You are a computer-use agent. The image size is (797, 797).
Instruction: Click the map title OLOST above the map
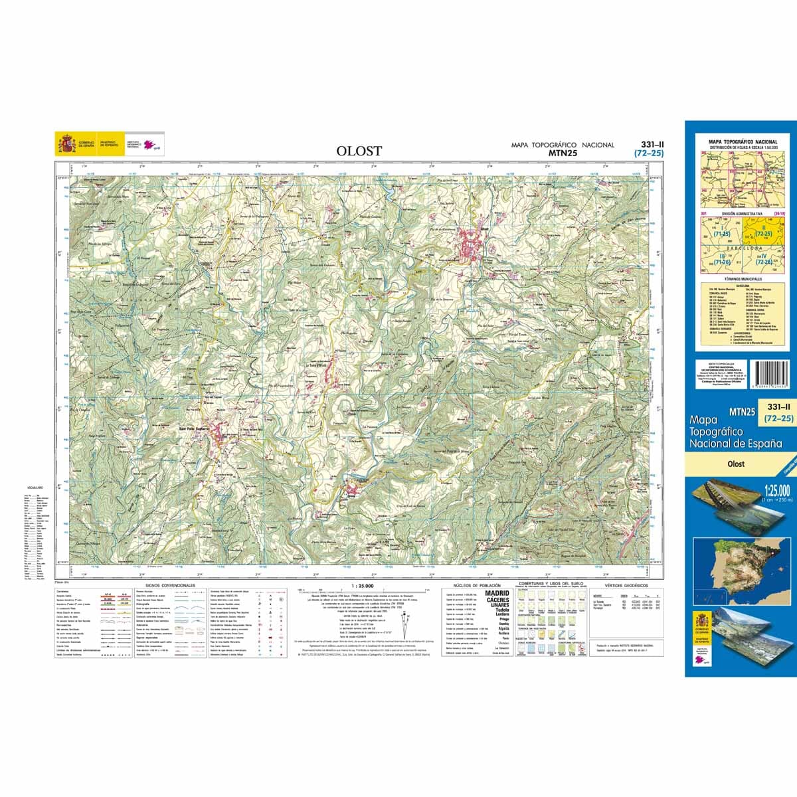[x=359, y=151]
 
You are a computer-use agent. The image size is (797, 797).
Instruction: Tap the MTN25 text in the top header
[x=561, y=153]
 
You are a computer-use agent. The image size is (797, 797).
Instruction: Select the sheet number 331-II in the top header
[x=648, y=144]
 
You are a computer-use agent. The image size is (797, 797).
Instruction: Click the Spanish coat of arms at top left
[x=66, y=143]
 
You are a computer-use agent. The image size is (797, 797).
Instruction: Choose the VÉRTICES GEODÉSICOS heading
[x=618, y=586]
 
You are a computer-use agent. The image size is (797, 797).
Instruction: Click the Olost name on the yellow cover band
[x=735, y=464]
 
